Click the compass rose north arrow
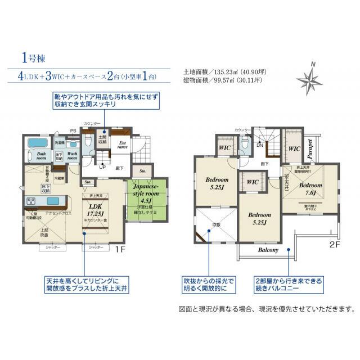(x=310, y=79)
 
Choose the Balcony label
(x=268, y=250)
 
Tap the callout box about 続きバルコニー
(x=290, y=283)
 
